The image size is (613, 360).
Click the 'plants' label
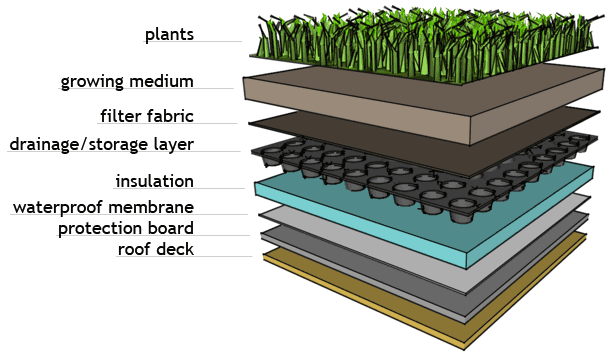pos(169,35)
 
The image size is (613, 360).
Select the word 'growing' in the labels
pos(93,82)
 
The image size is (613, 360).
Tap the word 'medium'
pos(161,81)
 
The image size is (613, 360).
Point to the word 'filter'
pos(121,116)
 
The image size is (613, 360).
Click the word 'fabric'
pos(170,116)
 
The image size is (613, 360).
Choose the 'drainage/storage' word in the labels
pos(79,144)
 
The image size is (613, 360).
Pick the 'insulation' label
pos(155,181)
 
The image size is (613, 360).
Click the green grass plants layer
pos(426,43)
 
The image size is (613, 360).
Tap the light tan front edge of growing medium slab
pos(356,110)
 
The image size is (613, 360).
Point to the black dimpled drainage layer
pos(391,184)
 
